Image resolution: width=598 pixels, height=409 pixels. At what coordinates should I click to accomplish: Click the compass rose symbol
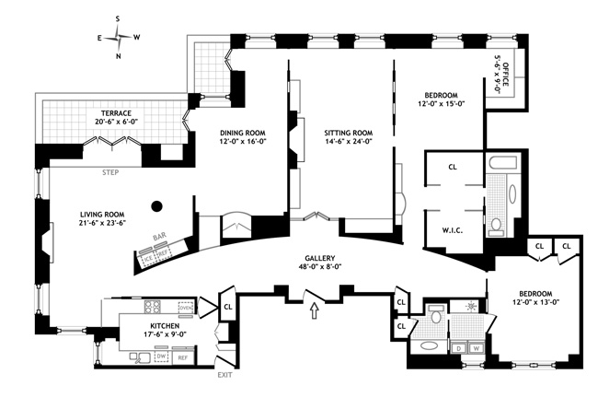(119, 38)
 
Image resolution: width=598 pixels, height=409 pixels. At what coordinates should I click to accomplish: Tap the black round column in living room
(156, 205)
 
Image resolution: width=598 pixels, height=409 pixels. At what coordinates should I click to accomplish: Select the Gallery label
(320, 258)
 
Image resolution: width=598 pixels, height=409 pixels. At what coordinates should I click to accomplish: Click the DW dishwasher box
(160, 356)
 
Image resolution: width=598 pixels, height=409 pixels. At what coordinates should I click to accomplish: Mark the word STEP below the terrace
(111, 172)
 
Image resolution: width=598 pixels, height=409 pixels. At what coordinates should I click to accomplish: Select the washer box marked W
(477, 348)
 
